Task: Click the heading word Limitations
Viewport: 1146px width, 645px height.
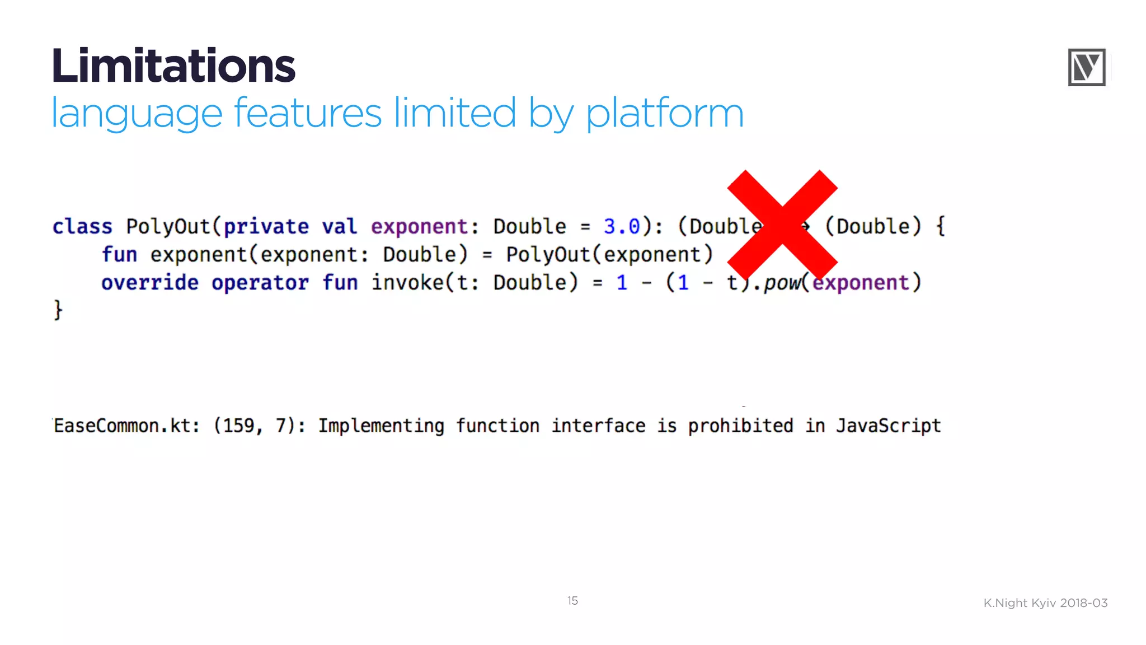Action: (173, 66)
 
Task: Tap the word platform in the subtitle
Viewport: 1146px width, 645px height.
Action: (665, 114)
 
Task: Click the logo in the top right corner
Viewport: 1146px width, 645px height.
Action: (1087, 67)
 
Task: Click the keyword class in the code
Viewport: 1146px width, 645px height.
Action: (82, 227)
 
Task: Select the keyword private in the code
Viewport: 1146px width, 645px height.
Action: (266, 227)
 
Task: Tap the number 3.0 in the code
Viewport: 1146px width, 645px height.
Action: (621, 227)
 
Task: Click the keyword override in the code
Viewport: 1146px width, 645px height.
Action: (149, 283)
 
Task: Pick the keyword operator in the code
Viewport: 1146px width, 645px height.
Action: (260, 283)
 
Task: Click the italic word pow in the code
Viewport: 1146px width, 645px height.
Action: (782, 283)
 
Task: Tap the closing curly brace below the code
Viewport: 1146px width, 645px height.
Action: (58, 310)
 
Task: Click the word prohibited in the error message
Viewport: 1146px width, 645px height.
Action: (740, 426)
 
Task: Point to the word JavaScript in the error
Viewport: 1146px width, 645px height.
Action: (888, 426)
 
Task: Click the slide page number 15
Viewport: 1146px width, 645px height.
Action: (572, 601)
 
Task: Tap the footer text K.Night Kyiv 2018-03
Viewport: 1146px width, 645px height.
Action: (1045, 603)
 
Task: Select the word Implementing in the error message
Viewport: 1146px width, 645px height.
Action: (381, 426)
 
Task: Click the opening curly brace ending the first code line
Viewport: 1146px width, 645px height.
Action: (941, 227)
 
